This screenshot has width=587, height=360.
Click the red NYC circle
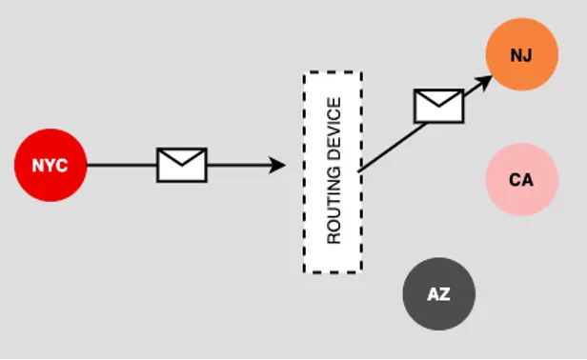[x=50, y=166]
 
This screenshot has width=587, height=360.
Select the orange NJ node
[x=520, y=54]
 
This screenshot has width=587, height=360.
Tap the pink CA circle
[x=520, y=179]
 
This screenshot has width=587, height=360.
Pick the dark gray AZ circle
[x=437, y=294]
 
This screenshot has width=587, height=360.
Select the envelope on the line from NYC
[x=181, y=165]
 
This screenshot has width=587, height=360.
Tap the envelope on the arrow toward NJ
[x=438, y=106]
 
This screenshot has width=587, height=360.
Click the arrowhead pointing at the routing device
[x=278, y=166]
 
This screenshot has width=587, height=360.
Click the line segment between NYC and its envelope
[x=121, y=166]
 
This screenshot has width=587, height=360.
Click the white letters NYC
[x=50, y=166]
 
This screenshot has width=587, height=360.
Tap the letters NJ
[x=520, y=54]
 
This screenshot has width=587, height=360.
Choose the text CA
[x=520, y=179]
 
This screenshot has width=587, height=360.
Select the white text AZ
[x=437, y=294]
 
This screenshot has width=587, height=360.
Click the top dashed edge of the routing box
[x=333, y=72]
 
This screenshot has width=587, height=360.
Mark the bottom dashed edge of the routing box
[x=333, y=272]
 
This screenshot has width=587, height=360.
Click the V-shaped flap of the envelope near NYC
[x=181, y=160]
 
